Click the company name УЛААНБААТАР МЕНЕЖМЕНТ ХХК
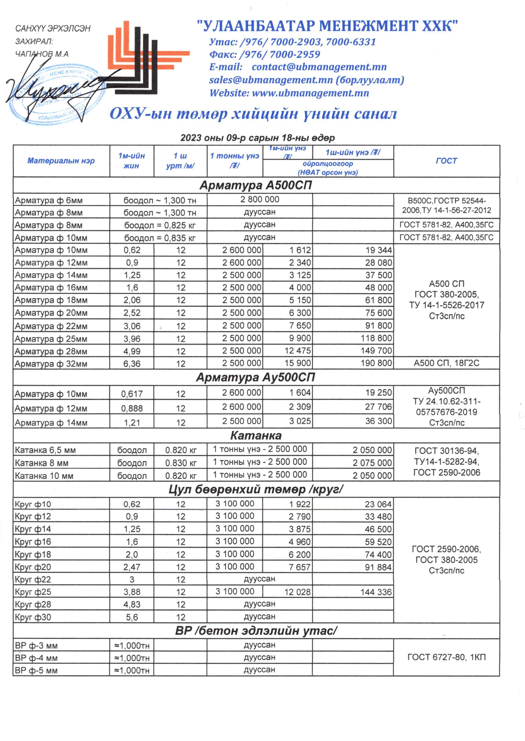pos(327,26)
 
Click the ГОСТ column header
pos(446,161)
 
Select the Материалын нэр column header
pos(61,161)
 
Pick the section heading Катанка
pos(256,436)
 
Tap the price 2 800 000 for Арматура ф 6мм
pos(260,200)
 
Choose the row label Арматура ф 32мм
pos(51,364)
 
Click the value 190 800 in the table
pos(376,363)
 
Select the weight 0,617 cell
pos(132,394)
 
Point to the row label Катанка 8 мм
pos(42,463)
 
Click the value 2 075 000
pos(372,463)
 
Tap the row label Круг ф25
pos(33,592)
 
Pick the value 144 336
pos(376,592)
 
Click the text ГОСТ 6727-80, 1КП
pos(446,657)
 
